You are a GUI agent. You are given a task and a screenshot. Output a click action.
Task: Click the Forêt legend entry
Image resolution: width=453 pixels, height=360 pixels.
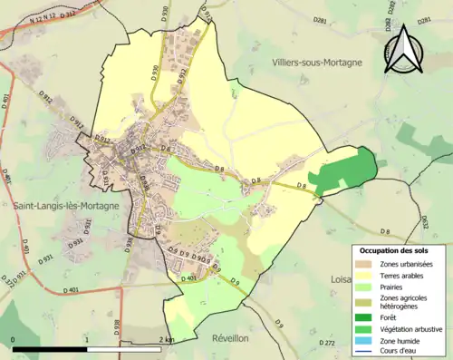pyautogui.click(x=388, y=318)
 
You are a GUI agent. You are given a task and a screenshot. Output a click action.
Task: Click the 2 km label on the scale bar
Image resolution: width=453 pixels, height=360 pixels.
pyautogui.click(x=166, y=339)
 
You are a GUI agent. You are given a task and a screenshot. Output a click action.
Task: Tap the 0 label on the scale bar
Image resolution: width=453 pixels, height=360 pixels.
pyautogui.click(x=13, y=339)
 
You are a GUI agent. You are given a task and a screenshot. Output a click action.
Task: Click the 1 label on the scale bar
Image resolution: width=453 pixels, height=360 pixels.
pyautogui.click(x=86, y=339)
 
